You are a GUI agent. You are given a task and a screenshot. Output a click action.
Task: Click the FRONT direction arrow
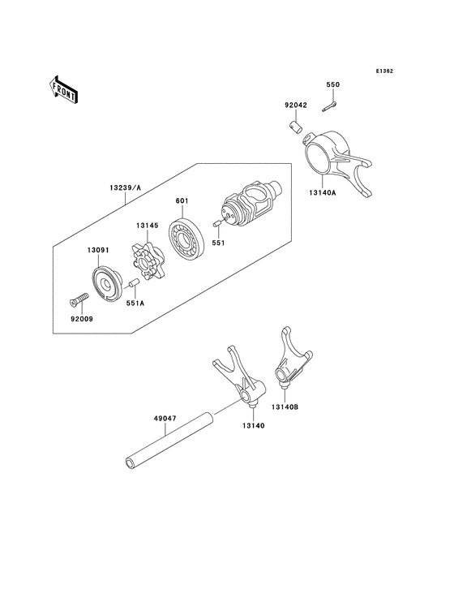64,88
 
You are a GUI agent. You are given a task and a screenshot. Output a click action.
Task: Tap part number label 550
332,84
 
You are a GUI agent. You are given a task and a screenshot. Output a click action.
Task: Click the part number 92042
296,105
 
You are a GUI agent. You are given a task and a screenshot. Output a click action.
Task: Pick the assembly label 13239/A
126,187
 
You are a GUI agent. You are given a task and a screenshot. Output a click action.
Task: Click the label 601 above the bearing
181,200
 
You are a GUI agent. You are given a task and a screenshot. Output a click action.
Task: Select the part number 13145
147,227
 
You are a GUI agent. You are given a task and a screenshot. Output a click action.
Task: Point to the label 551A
135,303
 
